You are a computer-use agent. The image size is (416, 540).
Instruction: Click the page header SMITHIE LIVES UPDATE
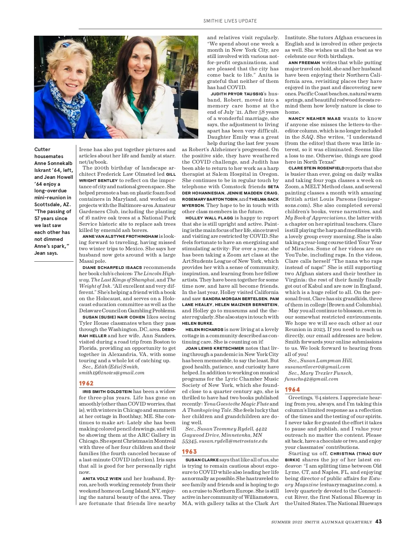tap(230, 21)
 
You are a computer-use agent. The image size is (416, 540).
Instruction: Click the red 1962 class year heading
tap(86, 383)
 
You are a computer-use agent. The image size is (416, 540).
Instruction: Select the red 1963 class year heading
tap(189, 451)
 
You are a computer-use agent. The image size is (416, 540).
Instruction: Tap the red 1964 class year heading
tap(292, 389)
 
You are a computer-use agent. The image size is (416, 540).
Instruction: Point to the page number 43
tap(378, 521)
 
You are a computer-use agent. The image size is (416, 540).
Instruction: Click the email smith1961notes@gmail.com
tap(112, 373)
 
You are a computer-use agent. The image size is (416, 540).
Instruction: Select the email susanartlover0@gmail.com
tap(317, 367)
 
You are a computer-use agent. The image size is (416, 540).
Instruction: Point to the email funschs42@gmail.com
tap(311, 379)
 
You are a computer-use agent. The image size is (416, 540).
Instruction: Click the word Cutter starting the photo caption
tap(42, 149)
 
